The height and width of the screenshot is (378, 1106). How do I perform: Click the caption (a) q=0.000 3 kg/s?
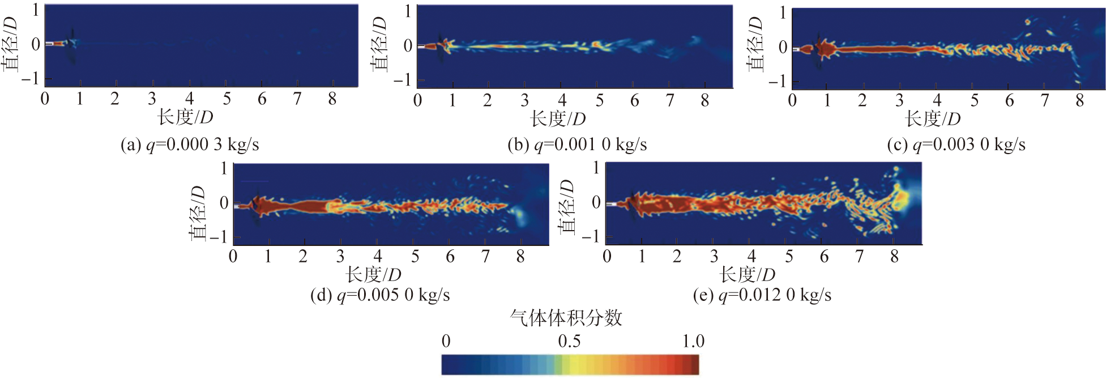click(x=190, y=145)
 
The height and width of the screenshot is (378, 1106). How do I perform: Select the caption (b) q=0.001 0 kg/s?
click(x=577, y=145)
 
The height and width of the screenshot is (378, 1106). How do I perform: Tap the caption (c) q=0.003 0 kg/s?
click(x=956, y=145)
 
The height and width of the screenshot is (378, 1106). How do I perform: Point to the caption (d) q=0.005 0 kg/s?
click(x=380, y=295)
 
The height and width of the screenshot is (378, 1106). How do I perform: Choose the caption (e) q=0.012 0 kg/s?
click(x=762, y=295)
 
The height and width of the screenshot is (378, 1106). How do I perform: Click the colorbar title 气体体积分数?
click(x=566, y=318)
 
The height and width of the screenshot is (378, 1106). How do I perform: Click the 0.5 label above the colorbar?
click(x=569, y=341)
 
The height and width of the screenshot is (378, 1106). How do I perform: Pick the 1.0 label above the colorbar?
click(x=693, y=341)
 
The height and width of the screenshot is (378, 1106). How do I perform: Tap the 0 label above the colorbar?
click(x=446, y=341)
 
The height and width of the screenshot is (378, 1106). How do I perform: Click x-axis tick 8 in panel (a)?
click(x=332, y=100)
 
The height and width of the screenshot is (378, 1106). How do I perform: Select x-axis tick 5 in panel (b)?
click(x=599, y=101)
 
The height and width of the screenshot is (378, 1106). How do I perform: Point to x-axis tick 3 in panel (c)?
click(x=899, y=101)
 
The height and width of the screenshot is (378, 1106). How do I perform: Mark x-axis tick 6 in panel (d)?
click(x=450, y=257)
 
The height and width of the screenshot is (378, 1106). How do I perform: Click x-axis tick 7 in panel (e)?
click(x=859, y=257)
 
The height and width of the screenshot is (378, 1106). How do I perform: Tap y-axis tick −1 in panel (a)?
click(x=31, y=78)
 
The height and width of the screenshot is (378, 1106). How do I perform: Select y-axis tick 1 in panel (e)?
click(x=596, y=168)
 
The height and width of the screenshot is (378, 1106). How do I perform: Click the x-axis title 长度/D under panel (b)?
click(x=558, y=119)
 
